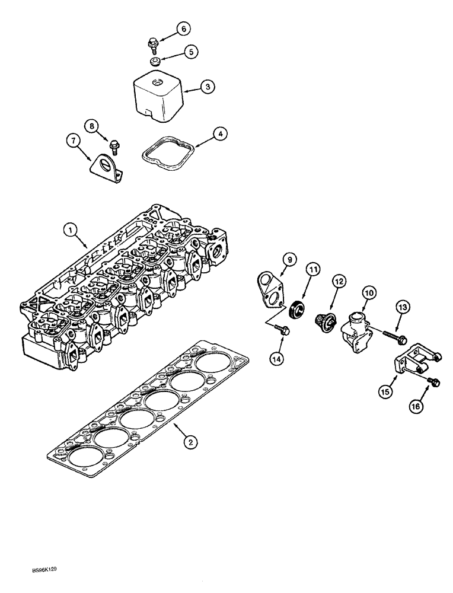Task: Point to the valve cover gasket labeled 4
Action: coord(164,155)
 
